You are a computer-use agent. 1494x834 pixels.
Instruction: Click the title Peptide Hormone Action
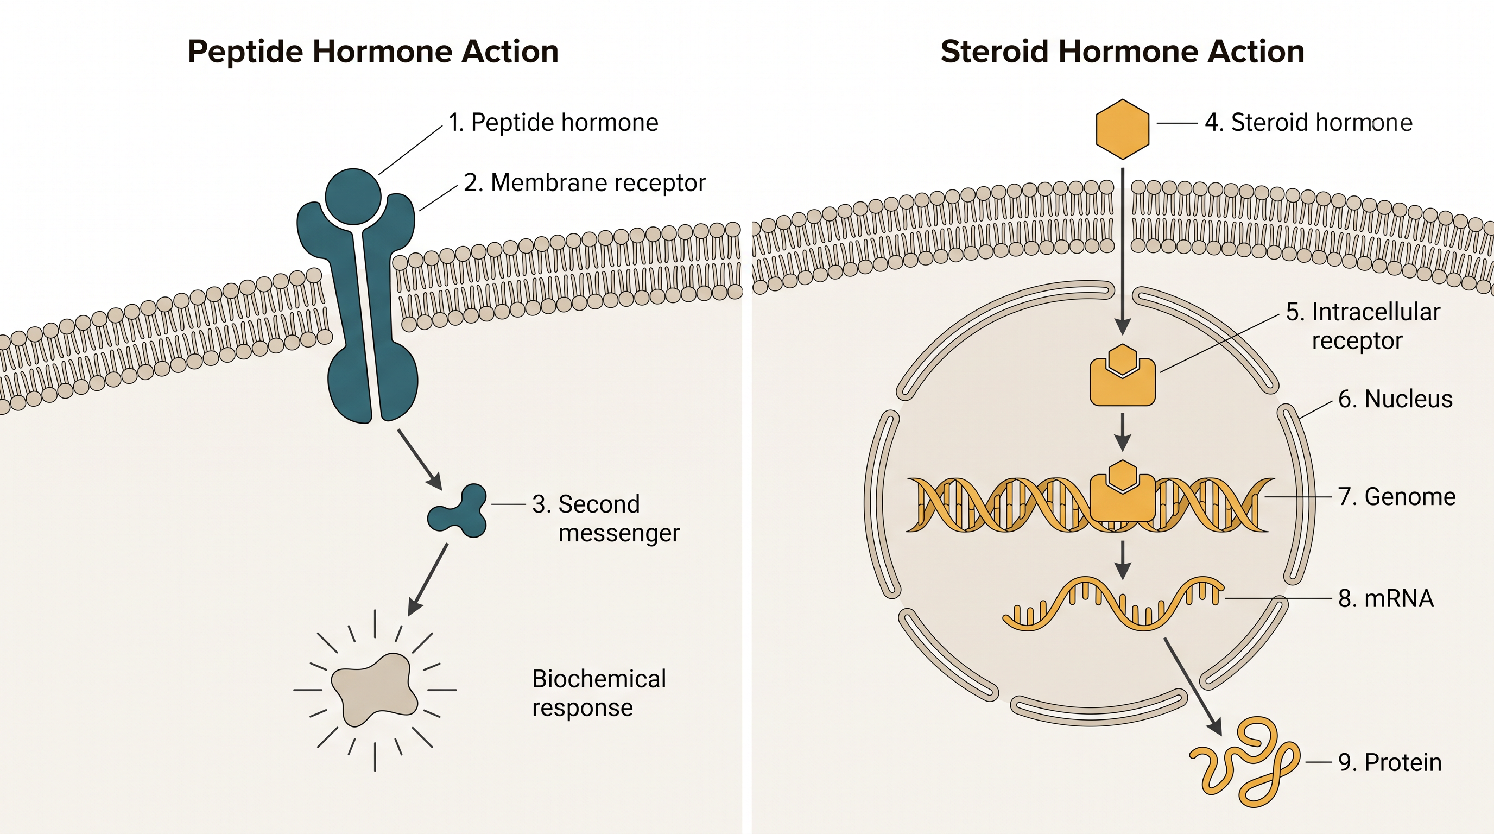tap(373, 52)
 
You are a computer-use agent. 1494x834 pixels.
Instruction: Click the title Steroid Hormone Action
tap(1122, 52)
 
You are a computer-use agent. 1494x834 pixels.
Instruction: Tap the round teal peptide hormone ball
tap(353, 197)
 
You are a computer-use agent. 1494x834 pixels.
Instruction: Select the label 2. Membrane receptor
tap(585, 182)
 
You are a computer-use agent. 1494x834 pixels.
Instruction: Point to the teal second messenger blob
tap(459, 511)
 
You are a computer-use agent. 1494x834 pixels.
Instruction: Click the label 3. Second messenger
tap(606, 519)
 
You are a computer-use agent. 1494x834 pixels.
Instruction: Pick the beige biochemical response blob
tap(375, 690)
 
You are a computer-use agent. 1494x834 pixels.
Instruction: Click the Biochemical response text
tap(599, 693)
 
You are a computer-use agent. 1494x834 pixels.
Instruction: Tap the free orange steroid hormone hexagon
tap(1122, 129)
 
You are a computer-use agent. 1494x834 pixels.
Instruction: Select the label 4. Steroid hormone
tap(1308, 123)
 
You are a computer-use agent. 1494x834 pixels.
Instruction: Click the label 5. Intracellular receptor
tap(1363, 326)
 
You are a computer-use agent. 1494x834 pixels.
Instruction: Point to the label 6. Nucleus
tap(1395, 399)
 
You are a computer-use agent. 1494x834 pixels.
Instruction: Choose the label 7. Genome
tap(1397, 497)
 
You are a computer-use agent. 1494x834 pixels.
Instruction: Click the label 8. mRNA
tap(1386, 598)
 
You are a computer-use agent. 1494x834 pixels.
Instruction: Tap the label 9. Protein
tap(1390, 763)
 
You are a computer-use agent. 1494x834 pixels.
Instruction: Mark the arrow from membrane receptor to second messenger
tap(420, 459)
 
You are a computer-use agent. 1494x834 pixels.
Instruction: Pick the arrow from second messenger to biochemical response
tap(428, 579)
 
